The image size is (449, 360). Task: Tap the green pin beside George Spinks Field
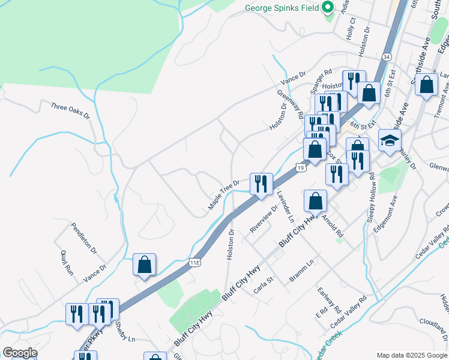click(328, 8)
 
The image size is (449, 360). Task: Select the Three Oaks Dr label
click(70, 110)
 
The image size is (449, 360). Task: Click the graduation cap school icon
click(390, 142)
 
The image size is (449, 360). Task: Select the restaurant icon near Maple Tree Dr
click(261, 183)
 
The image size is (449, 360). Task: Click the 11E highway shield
click(193, 262)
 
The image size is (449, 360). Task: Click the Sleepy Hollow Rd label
click(370, 198)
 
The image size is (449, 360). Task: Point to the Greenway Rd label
click(290, 103)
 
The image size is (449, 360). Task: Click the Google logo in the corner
click(20, 353)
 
